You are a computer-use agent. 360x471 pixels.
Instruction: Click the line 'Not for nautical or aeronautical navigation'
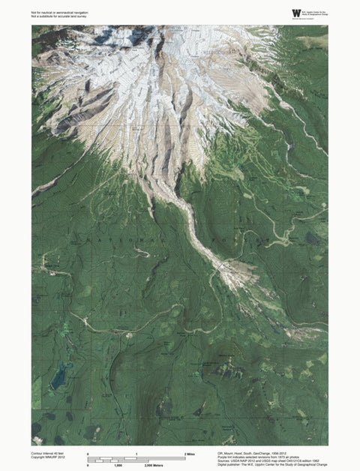[x=61, y=12]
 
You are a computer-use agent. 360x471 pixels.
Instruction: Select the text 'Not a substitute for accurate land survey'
[x=60, y=16]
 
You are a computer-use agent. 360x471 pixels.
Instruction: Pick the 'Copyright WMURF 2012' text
[x=47, y=459]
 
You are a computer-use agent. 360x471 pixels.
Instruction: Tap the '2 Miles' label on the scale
[x=190, y=454]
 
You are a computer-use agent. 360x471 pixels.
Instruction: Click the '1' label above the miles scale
[x=136, y=454]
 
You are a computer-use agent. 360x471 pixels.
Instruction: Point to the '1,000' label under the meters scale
[x=118, y=466]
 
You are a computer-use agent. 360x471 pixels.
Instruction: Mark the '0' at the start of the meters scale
[x=88, y=466]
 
